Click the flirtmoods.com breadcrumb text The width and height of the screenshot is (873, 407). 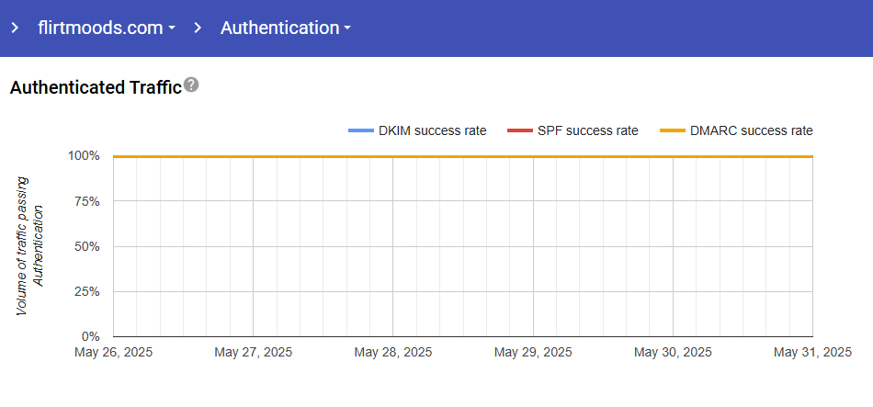pos(99,28)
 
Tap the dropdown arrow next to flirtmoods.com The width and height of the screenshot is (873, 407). pos(172,29)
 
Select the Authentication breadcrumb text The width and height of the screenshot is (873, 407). pos(279,28)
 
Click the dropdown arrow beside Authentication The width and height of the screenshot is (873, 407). pos(347,29)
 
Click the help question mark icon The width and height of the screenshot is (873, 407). pos(191,85)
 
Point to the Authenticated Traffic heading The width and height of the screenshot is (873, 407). pos(95,88)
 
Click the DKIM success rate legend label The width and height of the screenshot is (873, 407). pos(432,130)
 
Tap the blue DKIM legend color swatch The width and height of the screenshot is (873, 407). pos(360,131)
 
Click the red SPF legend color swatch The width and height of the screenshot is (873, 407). pos(518,131)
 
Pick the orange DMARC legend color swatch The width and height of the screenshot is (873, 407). pos(673,131)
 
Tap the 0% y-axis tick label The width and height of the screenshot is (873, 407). pos(90,336)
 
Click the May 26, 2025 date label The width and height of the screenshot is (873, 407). pos(113,352)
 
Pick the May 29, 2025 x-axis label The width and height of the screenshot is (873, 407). pos(533,352)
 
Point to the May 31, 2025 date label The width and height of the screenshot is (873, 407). pos(812,352)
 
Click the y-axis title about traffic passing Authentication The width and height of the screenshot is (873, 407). pos(29,246)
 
